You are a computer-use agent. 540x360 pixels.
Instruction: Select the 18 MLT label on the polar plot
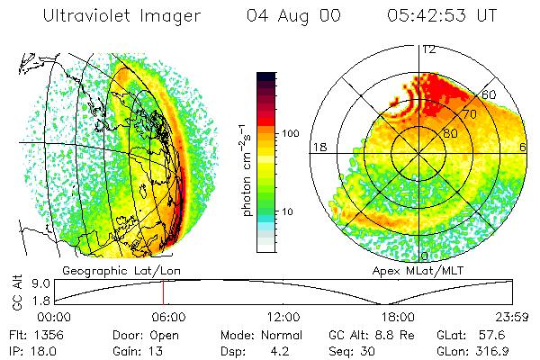pos(318,147)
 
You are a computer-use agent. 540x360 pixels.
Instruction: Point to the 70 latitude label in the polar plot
pos(469,114)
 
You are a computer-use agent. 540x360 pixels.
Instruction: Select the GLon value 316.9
pos(494,349)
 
